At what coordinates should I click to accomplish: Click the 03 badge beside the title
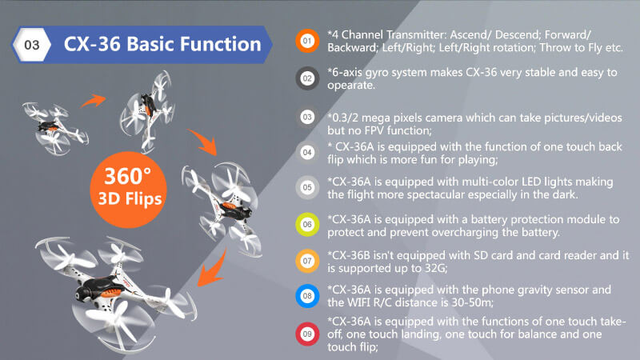coord(33,45)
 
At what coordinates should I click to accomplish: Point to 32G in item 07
coord(446,268)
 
